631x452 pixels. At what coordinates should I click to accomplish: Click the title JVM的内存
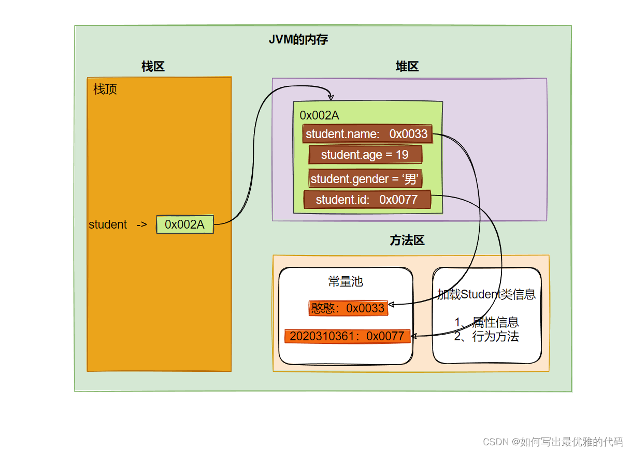point(298,40)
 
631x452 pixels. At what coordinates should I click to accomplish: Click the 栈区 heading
point(153,66)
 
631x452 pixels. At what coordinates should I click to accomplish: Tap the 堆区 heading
point(407,66)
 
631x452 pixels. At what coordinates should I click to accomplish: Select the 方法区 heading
point(407,240)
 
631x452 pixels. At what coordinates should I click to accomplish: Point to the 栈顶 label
point(105,89)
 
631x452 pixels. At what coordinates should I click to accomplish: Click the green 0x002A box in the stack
point(185,224)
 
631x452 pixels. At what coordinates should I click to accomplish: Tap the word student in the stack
point(108,224)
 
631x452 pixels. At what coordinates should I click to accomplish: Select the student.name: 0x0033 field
point(367,134)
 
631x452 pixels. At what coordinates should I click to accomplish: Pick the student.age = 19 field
point(365,155)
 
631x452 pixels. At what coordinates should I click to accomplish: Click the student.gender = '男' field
point(365,179)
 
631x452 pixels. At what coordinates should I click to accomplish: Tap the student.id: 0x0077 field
point(367,200)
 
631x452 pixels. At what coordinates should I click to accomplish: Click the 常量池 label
point(346,281)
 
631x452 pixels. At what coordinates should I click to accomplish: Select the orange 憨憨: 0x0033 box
point(348,308)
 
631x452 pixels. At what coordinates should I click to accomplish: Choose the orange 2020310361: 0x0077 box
point(347,336)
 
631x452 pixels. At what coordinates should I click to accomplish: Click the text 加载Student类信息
point(486,295)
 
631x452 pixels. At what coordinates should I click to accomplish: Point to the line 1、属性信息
point(486,323)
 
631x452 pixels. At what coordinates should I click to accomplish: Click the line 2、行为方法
point(486,337)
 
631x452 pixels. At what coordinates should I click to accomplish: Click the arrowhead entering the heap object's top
point(331,98)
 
